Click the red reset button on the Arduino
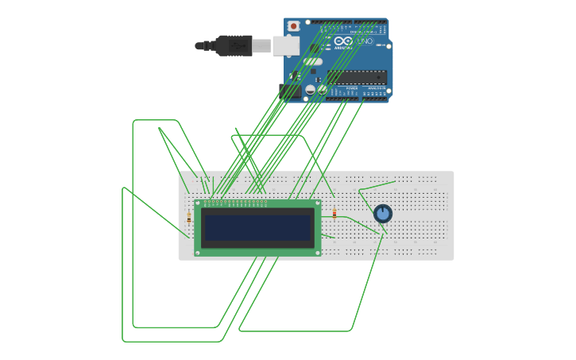pos(293,26)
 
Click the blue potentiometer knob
pos(383,213)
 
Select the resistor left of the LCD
pos(189,217)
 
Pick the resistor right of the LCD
pos(334,213)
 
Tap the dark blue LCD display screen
pos(257,228)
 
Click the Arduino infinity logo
pos(343,41)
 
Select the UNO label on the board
pos(364,41)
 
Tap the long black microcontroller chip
pos(357,77)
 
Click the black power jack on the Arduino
pos(289,91)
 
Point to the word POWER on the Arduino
pos(340,88)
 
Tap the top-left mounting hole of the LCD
pos(198,203)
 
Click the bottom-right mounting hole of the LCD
pos(318,252)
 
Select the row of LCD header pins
pos(235,203)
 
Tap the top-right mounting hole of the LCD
pos(318,203)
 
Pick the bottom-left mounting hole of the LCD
pos(198,252)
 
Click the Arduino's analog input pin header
pos(372,98)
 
